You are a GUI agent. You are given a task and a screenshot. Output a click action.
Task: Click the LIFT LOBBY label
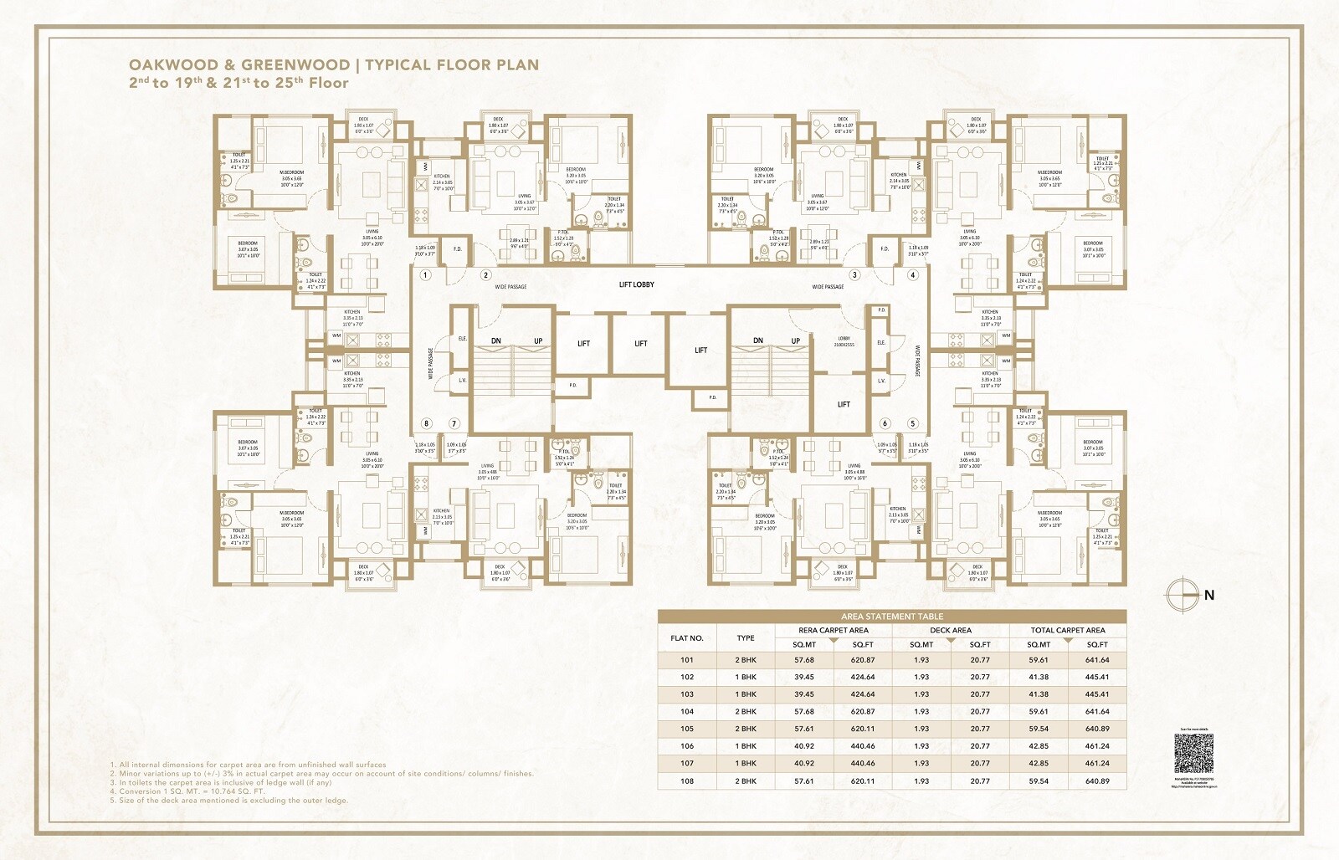pos(636,284)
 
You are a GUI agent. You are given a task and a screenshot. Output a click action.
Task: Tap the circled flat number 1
pos(425,275)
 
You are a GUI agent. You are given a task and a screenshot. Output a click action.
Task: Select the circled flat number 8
pos(426,423)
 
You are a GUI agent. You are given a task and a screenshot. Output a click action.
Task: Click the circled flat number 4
pos(913,275)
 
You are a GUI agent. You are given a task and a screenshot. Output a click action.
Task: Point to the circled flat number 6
pos(885,423)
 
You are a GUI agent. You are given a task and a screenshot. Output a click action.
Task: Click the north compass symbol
pos(1178,595)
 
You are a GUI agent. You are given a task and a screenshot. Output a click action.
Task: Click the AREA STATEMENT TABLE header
pos(892,617)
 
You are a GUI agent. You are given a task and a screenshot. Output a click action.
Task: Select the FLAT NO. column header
pos(686,638)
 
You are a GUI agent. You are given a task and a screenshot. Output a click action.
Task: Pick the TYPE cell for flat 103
pos(746,694)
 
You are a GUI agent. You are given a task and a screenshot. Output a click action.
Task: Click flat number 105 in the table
pos(686,729)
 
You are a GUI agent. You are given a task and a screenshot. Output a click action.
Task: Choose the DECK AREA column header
pos(951,630)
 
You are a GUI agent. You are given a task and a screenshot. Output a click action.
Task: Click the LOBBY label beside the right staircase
pos(844,339)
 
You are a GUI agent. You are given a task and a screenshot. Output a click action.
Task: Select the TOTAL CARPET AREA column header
pos(1068,630)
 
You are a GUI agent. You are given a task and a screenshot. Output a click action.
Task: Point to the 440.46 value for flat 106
pos(863,746)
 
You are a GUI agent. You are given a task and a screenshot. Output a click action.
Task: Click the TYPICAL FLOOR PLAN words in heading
pos(452,64)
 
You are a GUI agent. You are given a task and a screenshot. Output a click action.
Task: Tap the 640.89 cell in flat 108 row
pos(1097,781)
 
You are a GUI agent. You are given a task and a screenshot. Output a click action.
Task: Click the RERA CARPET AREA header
pos(834,630)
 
